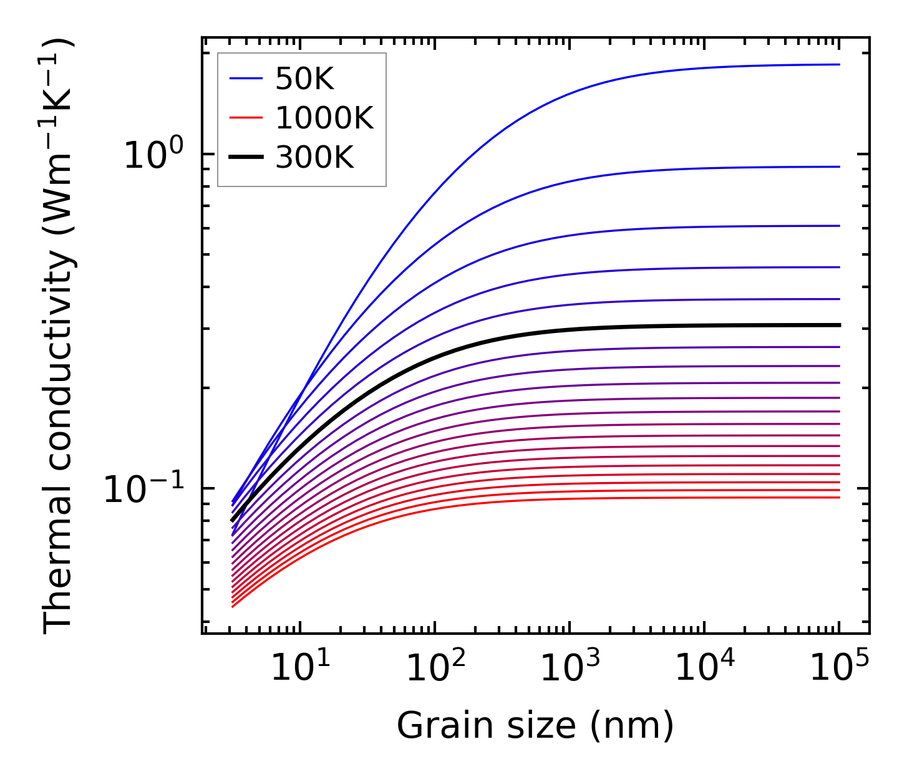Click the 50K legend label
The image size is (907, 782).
304,79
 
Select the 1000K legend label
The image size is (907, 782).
324,118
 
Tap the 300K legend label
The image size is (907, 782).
314,158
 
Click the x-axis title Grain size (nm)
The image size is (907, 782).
535,726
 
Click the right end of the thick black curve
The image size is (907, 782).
839,325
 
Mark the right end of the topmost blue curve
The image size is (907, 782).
838,64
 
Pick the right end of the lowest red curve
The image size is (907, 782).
838,497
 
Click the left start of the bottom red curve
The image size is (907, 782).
233,606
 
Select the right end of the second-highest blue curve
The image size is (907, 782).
838,167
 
